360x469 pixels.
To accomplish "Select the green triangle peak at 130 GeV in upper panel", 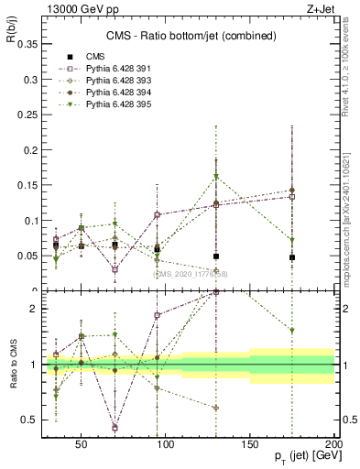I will tap(216, 176).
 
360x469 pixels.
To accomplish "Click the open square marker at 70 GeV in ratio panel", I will tap(115, 428).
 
